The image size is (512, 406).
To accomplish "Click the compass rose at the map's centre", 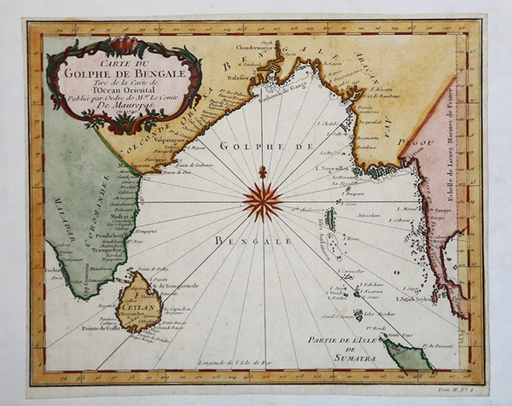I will coord(262,201).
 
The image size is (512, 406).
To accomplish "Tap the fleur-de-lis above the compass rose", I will coord(262,173).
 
